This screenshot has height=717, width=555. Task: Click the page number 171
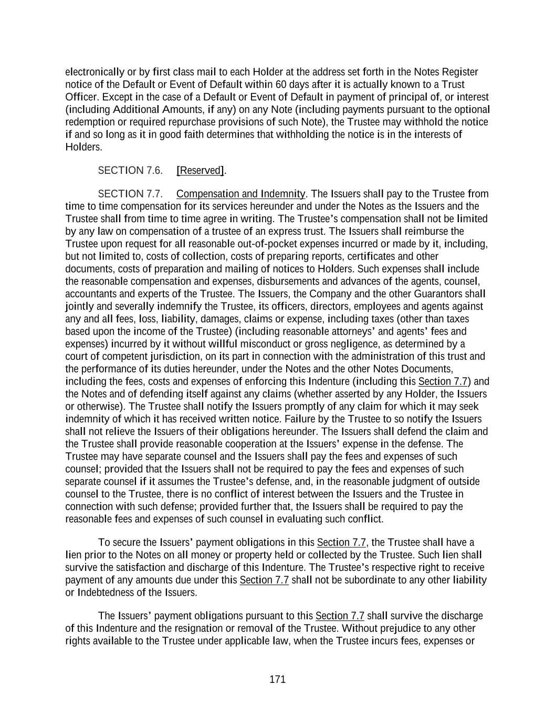pyautogui.click(x=277, y=679)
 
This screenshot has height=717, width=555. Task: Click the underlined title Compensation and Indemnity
pyautogui.click(x=241, y=194)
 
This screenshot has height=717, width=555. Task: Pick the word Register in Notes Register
pyautogui.click(x=460, y=72)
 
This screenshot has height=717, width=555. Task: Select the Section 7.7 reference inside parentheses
pyautogui.click(x=443, y=381)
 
